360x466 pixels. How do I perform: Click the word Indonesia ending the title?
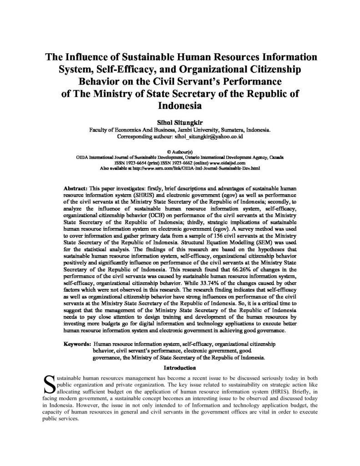click(180, 106)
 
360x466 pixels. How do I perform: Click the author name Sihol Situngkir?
click(180, 122)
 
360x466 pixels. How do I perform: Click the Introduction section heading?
click(180, 367)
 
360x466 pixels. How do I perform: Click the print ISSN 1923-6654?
click(136, 162)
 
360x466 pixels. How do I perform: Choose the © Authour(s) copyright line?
click(180, 151)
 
